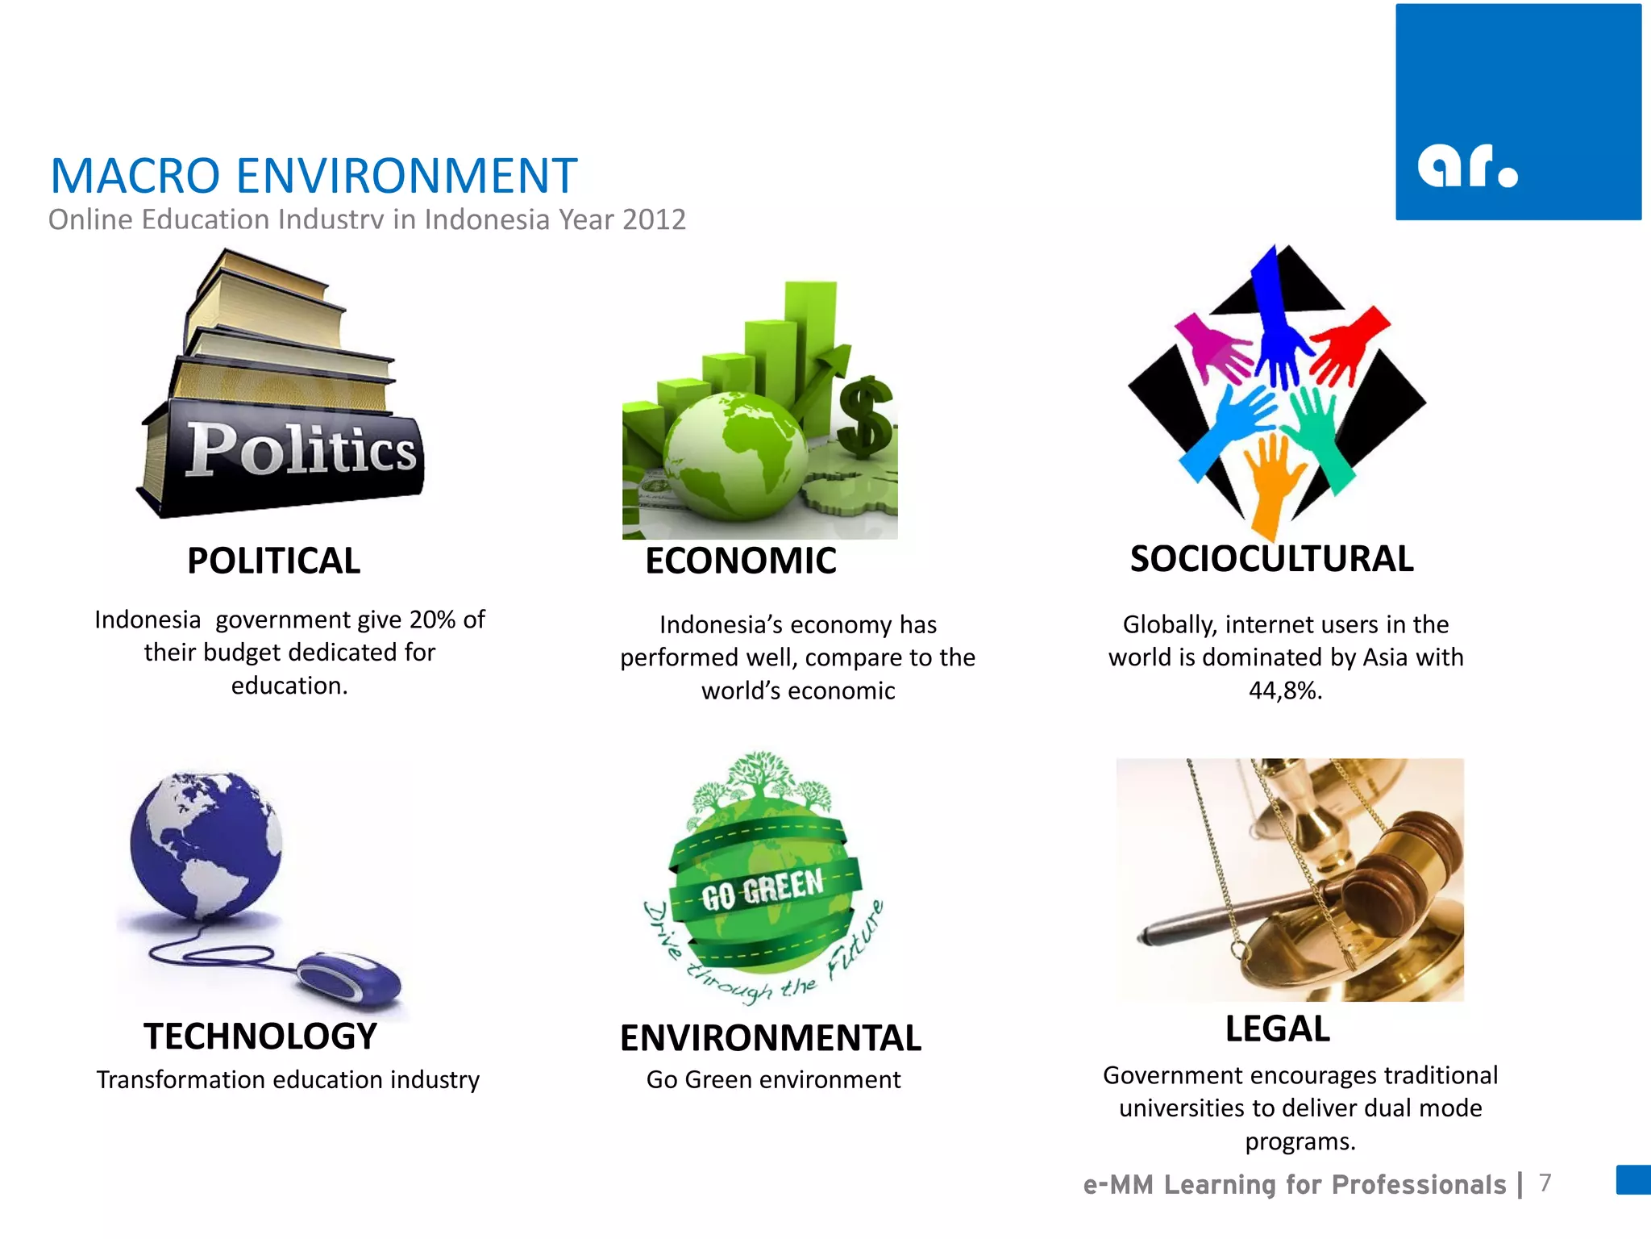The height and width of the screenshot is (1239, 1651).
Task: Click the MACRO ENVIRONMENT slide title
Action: click(x=314, y=176)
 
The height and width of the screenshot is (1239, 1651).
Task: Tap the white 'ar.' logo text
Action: click(x=1467, y=166)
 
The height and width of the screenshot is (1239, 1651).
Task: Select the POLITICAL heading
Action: click(x=274, y=561)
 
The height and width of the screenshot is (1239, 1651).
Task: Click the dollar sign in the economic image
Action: click(x=865, y=415)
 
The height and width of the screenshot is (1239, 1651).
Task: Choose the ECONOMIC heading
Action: click(x=740, y=561)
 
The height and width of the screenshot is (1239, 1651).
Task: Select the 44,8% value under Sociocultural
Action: click(x=1285, y=690)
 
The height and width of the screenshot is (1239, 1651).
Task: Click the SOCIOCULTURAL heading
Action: click(x=1271, y=559)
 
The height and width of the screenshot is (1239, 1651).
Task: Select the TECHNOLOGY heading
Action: click(x=260, y=1037)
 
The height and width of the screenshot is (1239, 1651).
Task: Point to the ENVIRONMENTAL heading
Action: click(x=770, y=1038)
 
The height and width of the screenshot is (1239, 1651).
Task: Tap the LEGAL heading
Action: click(x=1278, y=1029)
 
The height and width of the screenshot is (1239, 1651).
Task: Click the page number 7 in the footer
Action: click(x=1545, y=1183)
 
